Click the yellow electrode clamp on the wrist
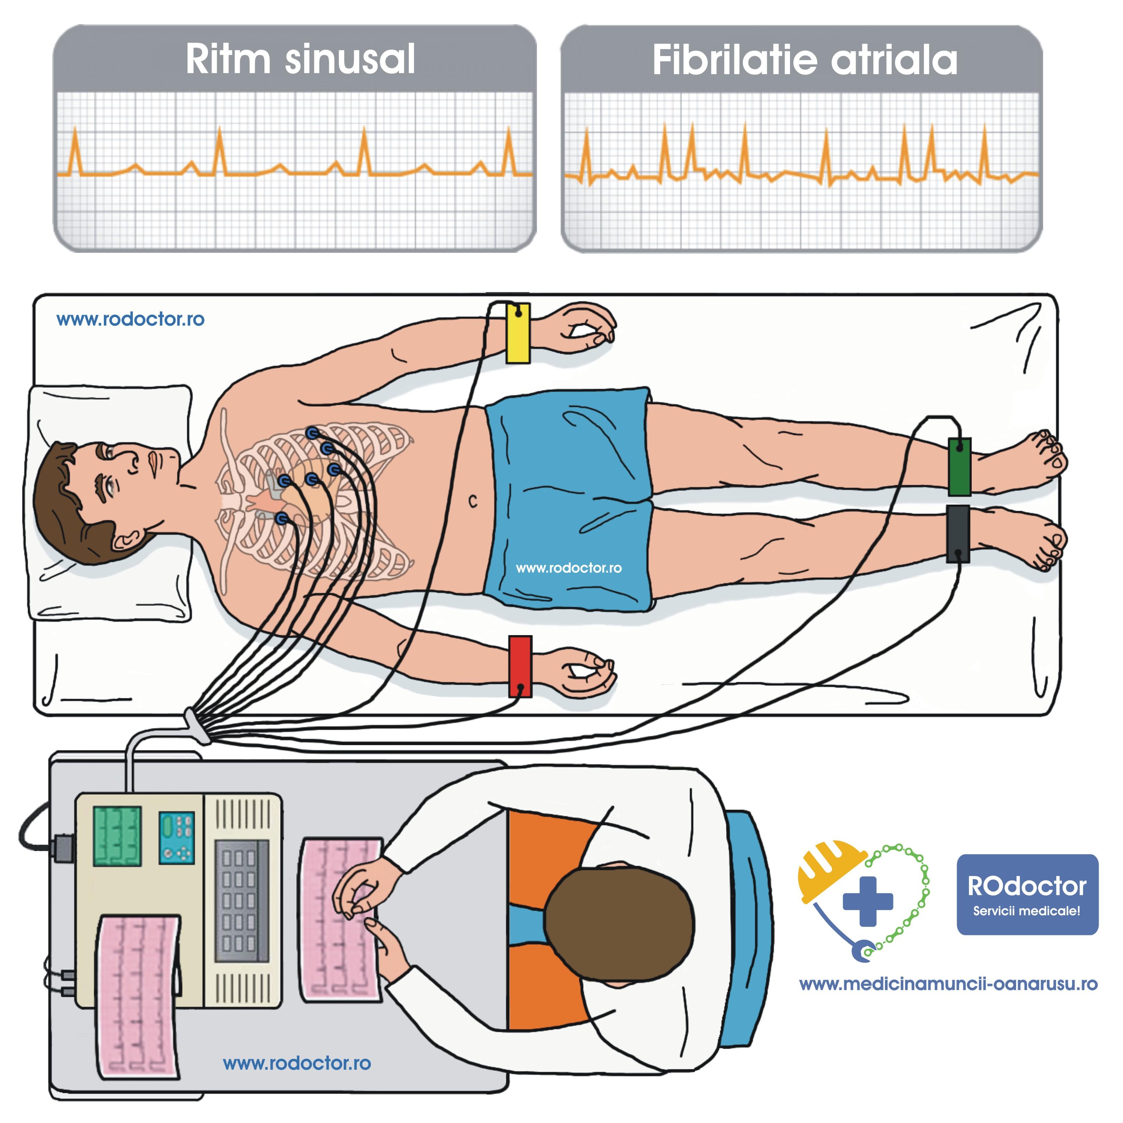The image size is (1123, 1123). (517, 333)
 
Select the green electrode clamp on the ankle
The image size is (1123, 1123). (959, 466)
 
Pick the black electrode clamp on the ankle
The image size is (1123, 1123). (957, 533)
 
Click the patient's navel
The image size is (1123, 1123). (473, 501)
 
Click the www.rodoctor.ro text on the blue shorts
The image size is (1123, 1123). (568, 567)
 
